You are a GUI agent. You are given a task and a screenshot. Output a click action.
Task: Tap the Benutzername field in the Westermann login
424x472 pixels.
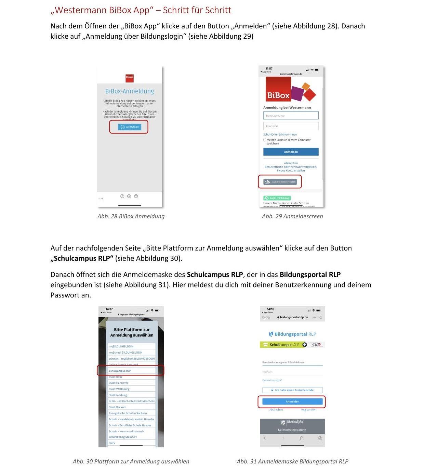tap(291, 116)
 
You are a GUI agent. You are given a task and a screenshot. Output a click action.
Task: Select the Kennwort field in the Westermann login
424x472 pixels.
tap(291, 126)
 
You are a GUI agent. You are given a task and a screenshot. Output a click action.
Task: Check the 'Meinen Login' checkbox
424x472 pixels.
tap(265, 140)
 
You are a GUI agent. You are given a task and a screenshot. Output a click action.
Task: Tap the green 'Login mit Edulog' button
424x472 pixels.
tap(277, 198)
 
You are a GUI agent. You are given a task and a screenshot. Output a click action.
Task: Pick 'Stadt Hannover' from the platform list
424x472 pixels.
tap(119, 383)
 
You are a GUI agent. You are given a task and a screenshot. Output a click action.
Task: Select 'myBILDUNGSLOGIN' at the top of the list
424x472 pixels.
tap(121, 346)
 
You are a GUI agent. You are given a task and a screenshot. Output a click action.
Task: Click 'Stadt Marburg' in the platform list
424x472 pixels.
tap(118, 395)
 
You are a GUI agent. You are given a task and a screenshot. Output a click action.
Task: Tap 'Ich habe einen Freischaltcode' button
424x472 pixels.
tap(292, 390)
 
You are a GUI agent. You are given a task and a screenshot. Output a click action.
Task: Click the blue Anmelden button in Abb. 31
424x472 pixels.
tap(292, 401)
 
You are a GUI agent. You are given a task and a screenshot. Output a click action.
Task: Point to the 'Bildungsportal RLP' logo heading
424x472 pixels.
tap(292, 334)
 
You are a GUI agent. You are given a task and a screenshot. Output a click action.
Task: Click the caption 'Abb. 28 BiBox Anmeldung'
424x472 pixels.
tap(131, 216)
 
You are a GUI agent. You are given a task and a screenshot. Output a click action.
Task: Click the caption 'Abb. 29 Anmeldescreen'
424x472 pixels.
tap(292, 216)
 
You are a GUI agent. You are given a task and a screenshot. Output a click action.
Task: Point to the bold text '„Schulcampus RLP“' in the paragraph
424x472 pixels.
tap(82, 258)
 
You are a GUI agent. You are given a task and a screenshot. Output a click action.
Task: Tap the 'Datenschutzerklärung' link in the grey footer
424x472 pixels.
tap(292, 430)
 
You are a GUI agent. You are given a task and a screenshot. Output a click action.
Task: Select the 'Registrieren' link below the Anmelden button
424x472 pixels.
tap(309, 410)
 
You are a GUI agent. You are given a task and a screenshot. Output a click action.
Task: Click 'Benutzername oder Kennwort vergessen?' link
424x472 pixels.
tap(291, 167)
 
